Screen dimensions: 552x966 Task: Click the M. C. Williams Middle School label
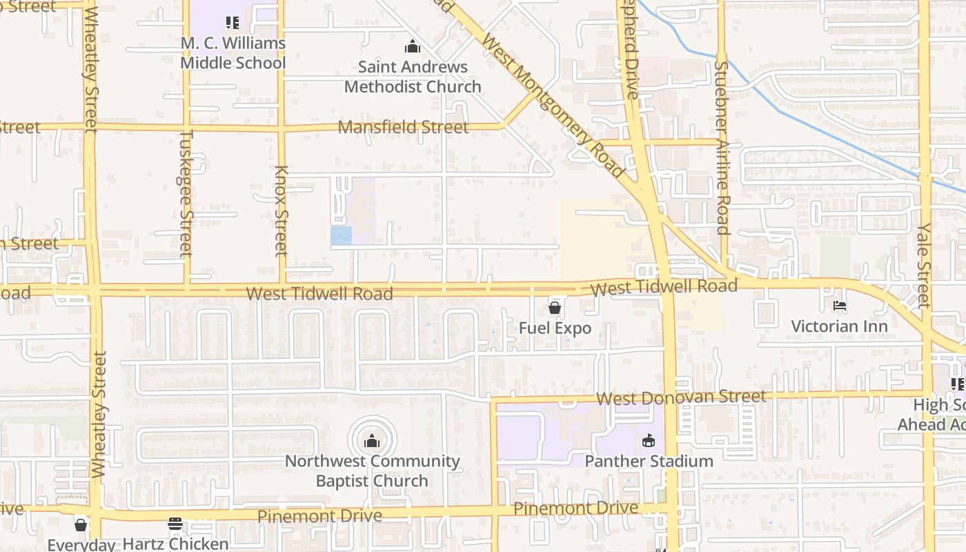tap(233, 53)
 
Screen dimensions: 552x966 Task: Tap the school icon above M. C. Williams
tap(233, 23)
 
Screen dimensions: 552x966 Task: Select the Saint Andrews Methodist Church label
tap(413, 77)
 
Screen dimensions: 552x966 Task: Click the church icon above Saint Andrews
tap(413, 47)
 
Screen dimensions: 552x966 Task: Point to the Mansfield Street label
tap(403, 127)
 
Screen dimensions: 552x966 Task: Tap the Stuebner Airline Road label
tap(722, 148)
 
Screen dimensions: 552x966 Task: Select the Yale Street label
tap(924, 265)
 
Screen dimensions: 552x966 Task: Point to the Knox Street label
tap(281, 210)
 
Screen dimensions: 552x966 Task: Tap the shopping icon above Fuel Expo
tap(555, 308)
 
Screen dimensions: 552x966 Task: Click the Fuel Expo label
tap(555, 328)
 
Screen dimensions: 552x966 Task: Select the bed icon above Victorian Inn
tap(839, 306)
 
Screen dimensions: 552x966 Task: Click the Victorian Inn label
tap(839, 326)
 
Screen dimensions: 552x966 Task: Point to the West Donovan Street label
tap(681, 397)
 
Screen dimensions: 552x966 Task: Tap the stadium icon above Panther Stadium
tap(649, 440)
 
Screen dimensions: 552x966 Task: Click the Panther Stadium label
tap(649, 461)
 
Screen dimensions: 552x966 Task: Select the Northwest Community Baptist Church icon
tap(372, 440)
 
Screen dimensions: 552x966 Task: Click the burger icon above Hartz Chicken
tap(175, 524)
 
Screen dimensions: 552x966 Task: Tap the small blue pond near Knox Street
tap(341, 235)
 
